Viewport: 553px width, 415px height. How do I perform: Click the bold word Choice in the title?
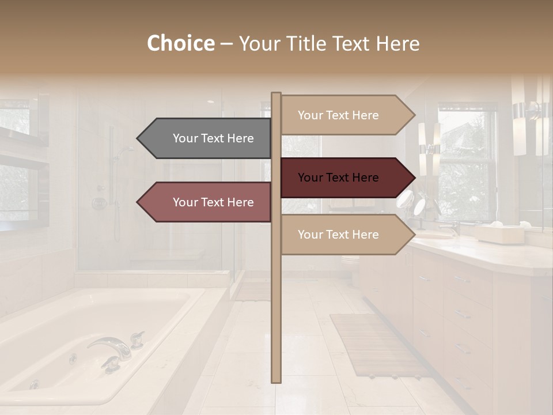tap(180, 44)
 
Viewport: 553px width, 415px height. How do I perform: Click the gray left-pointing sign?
tap(207, 138)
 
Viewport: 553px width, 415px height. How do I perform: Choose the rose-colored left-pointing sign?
tap(207, 202)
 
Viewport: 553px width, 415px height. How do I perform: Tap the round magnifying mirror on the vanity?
tap(407, 200)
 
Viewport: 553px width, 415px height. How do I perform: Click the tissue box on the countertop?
tap(498, 233)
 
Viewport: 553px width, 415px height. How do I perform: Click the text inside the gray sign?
tap(213, 138)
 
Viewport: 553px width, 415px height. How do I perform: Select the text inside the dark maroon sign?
tap(338, 178)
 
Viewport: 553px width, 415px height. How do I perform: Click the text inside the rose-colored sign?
tap(213, 202)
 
